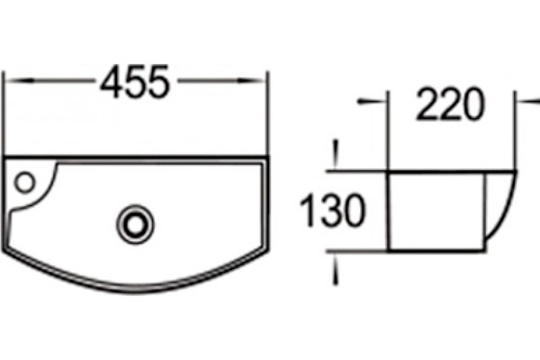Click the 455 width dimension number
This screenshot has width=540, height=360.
(135, 82)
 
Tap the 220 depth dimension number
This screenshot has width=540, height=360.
(451, 104)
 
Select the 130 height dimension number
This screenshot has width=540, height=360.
(332, 210)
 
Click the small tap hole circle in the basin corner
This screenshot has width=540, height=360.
(25, 182)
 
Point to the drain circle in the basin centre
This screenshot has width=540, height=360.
(135, 225)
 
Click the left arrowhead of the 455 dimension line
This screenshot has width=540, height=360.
(21, 81)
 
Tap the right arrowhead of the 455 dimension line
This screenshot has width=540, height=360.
(251, 81)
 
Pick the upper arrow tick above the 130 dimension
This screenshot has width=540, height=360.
(336, 154)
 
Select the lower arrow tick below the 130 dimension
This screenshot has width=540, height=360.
(336, 269)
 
